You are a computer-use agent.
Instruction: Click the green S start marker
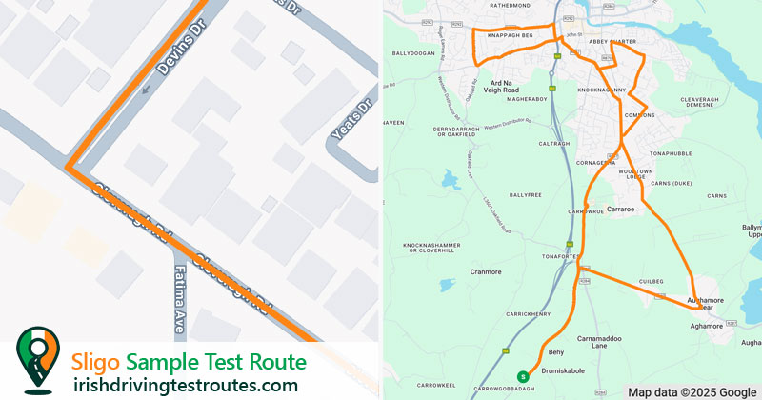(x=521, y=375)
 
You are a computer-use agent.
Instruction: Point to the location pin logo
(x=36, y=359)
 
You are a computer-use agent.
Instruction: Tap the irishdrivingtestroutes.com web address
(x=185, y=385)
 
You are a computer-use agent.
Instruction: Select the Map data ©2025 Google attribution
(x=692, y=391)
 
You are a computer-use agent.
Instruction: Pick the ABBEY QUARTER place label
(x=612, y=41)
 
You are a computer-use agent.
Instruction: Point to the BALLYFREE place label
(x=525, y=194)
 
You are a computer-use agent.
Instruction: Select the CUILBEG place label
(x=651, y=281)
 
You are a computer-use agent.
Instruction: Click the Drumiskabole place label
(x=561, y=370)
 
